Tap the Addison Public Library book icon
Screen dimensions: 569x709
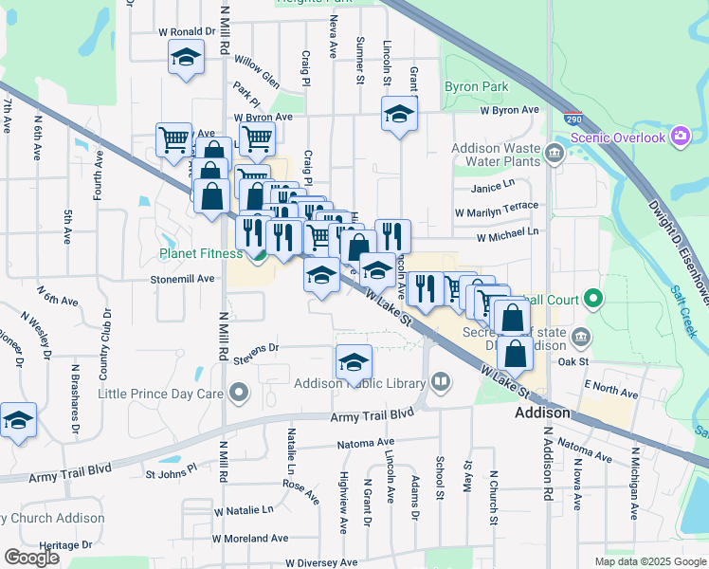[440, 383]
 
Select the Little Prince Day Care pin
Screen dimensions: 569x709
[238, 392]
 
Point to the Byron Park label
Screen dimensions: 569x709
[476, 86]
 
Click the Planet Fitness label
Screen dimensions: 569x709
[200, 254]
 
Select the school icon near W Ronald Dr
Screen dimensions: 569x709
[186, 58]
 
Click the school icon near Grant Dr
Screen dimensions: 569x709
[400, 116]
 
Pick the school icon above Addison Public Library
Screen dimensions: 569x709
[354, 362]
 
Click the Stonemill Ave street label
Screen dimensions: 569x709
[186, 280]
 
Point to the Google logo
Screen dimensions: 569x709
[31, 558]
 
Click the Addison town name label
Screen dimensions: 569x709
[542, 413]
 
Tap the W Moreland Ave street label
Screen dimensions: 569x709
[250, 538]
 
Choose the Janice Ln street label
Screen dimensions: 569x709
[492, 187]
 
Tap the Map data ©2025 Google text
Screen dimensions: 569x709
[649, 561]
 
